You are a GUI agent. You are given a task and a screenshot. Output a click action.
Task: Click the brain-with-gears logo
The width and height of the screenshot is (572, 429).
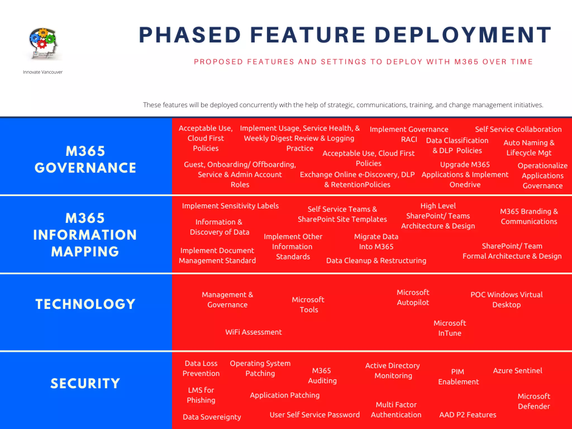click(x=43, y=43)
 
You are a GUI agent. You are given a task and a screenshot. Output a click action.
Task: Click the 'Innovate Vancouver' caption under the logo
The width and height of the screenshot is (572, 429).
click(x=43, y=72)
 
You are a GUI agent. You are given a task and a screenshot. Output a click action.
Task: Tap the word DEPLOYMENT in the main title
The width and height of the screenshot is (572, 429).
click(x=463, y=35)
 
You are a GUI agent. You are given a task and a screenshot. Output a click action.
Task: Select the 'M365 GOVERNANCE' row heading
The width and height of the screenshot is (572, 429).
click(x=85, y=159)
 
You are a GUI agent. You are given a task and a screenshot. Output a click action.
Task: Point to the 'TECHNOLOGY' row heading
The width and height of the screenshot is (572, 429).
click(x=85, y=304)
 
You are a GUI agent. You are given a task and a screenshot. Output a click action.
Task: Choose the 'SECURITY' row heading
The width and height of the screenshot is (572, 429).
click(x=85, y=383)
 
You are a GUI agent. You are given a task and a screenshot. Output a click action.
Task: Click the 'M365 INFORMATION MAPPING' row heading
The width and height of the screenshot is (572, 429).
click(x=85, y=235)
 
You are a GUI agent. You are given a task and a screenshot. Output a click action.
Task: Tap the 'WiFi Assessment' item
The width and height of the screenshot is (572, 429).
click(x=254, y=332)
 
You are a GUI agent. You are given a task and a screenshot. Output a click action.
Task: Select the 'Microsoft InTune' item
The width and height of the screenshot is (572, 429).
click(x=450, y=328)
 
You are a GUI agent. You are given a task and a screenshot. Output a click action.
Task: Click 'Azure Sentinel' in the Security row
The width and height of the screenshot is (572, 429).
click(x=518, y=371)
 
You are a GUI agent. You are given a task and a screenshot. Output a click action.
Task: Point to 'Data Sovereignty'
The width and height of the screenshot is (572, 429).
click(x=212, y=417)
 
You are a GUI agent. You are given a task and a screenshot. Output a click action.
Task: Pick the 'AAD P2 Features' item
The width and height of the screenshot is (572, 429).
click(x=468, y=415)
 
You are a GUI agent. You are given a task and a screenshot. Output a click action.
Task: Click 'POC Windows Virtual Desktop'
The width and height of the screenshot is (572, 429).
click(x=506, y=300)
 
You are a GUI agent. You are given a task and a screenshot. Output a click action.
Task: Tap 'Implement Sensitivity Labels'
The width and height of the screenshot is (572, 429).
click(x=230, y=206)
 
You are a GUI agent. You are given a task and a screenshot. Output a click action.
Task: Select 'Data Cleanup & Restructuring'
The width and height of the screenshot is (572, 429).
click(x=376, y=261)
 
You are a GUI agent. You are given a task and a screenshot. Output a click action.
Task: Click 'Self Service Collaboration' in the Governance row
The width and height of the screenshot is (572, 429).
click(x=518, y=129)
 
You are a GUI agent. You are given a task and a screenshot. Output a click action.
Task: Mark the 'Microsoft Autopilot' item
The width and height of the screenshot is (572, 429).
click(x=413, y=297)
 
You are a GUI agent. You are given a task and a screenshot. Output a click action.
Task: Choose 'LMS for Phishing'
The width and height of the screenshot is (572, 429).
click(x=201, y=395)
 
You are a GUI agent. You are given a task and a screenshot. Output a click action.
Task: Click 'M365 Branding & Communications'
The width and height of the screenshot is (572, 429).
click(x=529, y=216)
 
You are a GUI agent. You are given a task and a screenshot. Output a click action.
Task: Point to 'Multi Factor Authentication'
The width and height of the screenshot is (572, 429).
click(x=396, y=410)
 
